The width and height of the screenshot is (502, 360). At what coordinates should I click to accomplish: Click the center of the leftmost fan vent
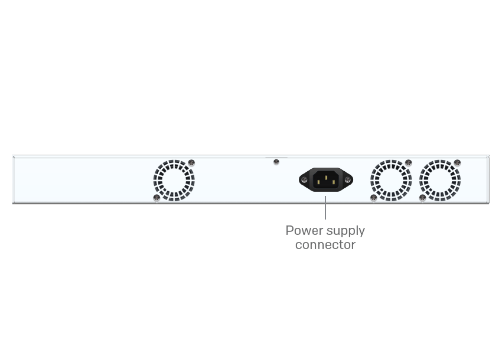174,180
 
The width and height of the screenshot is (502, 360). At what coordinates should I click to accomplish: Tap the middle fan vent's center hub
391,180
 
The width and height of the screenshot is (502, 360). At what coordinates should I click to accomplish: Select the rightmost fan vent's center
440,180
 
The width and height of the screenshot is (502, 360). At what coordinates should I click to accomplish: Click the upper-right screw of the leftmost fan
191,162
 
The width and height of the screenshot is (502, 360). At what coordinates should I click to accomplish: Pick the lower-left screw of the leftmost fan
157,198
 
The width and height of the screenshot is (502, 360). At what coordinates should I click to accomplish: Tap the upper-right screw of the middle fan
408,162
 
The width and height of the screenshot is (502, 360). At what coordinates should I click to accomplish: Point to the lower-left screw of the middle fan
373,198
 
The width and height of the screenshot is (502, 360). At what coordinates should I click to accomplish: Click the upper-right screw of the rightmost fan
457,162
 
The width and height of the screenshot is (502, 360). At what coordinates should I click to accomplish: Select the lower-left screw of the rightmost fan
422,198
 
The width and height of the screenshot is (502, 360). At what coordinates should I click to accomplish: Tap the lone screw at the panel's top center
276,162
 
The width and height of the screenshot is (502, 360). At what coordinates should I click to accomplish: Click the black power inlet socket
326,179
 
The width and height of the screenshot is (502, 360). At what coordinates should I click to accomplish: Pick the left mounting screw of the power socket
305,179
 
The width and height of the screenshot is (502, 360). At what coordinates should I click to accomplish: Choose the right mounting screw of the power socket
347,179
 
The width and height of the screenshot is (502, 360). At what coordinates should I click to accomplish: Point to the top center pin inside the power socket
326,176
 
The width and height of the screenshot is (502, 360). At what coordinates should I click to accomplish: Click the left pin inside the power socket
318,182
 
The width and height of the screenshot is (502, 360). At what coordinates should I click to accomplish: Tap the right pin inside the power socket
334,182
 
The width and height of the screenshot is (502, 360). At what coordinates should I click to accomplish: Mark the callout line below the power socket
325,208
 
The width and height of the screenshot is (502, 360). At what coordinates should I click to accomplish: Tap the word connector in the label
325,244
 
